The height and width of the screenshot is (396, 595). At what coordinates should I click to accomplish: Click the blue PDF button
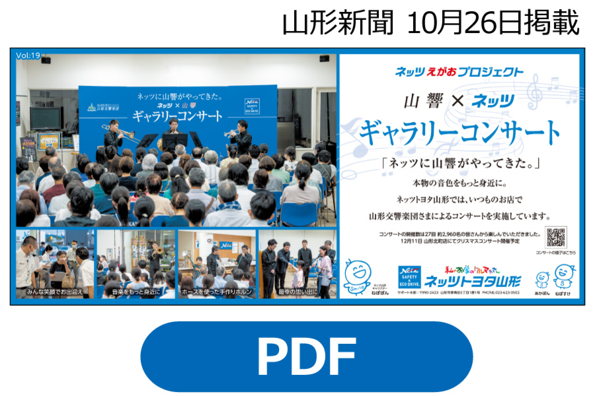(297, 356)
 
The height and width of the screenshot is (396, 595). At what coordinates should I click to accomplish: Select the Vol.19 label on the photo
(28, 56)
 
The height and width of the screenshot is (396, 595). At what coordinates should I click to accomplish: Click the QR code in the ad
(556, 237)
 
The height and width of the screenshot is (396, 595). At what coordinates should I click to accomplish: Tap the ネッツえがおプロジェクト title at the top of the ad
(459, 72)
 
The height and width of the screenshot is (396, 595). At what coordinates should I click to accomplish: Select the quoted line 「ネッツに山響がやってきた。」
(459, 163)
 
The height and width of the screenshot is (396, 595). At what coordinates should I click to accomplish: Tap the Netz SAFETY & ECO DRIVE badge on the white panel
(409, 278)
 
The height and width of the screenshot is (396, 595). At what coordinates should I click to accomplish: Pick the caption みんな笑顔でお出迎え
(55, 291)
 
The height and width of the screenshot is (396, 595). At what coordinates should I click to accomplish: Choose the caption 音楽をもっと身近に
(137, 291)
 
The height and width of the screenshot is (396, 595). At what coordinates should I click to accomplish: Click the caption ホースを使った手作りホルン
(217, 291)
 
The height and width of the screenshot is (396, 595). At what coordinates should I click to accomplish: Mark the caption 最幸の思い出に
(298, 291)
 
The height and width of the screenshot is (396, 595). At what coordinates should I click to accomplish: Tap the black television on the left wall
(46, 118)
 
